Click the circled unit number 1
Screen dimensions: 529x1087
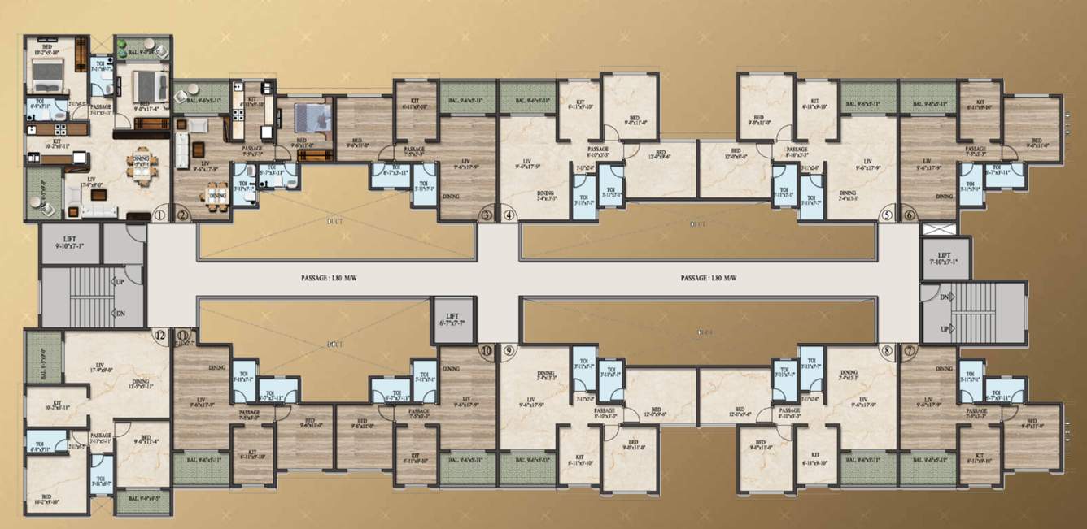[x=159, y=215]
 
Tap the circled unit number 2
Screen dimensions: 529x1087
[x=182, y=215]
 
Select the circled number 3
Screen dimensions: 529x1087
[x=487, y=215]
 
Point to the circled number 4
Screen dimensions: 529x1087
[x=509, y=215]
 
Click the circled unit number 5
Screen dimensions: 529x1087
[x=887, y=215]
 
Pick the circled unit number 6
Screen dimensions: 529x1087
[x=909, y=215]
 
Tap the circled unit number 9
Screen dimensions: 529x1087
[x=509, y=351]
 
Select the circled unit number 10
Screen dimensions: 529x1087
[x=487, y=351]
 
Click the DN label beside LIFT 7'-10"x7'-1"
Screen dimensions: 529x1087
[x=945, y=297]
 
